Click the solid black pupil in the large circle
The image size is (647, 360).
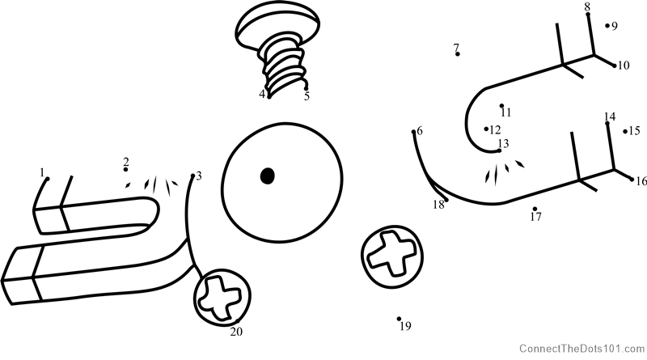tap(268, 176)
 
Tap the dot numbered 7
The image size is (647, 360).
tap(457, 54)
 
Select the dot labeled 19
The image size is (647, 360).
tap(399, 319)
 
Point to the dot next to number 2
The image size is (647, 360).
tap(125, 170)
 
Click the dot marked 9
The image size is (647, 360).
tap(607, 26)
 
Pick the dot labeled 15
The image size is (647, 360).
tap(625, 132)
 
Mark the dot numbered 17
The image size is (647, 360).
tap(535, 209)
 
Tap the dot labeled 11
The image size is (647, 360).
tap(501, 106)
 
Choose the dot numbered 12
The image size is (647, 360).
tap(487, 129)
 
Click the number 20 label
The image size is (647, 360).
tap(236, 332)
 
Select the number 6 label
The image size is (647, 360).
tap(420, 131)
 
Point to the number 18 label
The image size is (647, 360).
tap(438, 205)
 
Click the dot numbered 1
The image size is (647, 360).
tap(48, 179)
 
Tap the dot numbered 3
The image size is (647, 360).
tap(192, 176)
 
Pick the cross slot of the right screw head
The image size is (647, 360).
tap(391, 254)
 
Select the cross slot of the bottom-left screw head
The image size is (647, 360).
tap(219, 298)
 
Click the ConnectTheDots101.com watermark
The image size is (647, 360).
tap(581, 349)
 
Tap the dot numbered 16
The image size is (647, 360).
tap(632, 179)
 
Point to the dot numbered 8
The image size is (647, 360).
tap(588, 15)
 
